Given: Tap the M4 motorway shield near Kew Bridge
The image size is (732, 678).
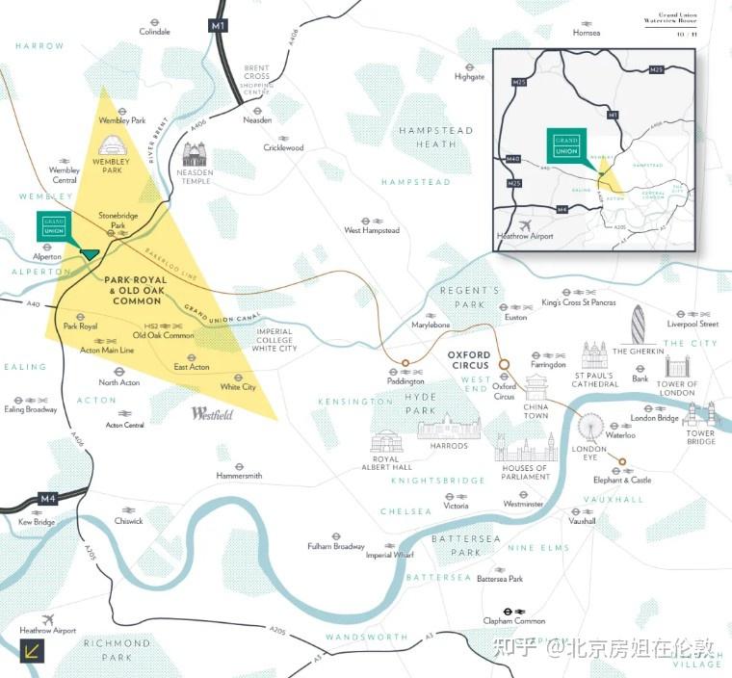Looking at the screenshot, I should (x=49, y=499).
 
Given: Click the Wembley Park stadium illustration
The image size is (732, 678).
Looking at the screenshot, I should (x=112, y=144).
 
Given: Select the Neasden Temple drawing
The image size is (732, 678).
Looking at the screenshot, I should (x=196, y=154).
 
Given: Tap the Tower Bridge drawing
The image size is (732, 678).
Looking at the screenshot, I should (x=701, y=415).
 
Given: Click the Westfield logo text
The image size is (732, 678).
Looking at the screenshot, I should (x=212, y=413).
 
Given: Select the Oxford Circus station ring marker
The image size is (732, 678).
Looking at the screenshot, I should (x=504, y=366).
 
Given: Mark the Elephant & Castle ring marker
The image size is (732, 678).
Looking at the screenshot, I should (x=621, y=461).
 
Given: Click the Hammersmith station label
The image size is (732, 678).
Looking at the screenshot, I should (x=239, y=476).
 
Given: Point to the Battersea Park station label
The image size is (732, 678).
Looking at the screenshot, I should (x=500, y=579).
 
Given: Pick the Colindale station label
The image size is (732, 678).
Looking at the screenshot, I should (x=154, y=32).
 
